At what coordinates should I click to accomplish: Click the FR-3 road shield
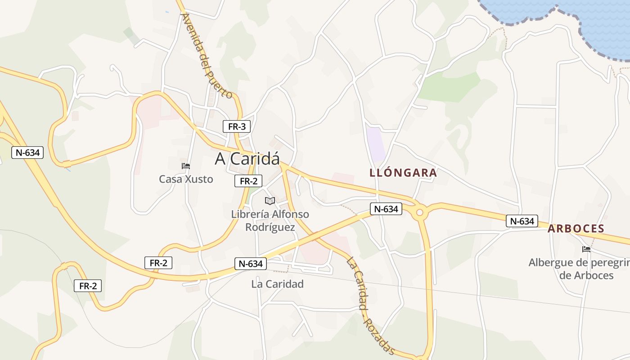(x=237, y=126)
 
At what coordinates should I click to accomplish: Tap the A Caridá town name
(x=247, y=158)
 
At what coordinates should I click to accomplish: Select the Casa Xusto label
(x=186, y=179)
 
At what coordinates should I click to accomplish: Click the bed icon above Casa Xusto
(x=185, y=166)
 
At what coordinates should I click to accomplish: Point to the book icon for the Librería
(x=270, y=201)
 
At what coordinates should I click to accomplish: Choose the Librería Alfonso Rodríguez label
(x=270, y=220)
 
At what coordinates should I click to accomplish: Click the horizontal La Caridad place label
(x=277, y=284)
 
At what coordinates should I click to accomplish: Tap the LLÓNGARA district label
(x=403, y=173)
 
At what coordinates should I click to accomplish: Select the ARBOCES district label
(x=576, y=229)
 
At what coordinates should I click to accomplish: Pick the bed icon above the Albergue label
(x=586, y=249)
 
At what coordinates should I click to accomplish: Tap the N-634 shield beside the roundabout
(x=386, y=209)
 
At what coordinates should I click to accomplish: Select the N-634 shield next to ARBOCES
(x=522, y=221)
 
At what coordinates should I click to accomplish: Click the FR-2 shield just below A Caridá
(x=248, y=181)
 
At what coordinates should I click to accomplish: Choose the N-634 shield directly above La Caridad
(x=251, y=264)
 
